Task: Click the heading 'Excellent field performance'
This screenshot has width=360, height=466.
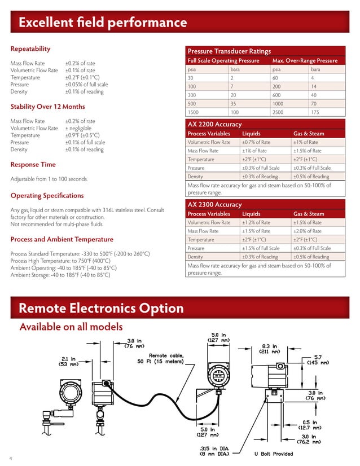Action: (x=103, y=23)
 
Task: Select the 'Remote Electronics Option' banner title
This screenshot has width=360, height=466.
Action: (x=101, y=308)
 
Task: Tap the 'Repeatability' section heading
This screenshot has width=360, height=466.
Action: (x=30, y=49)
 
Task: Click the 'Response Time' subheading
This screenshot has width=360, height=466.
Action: (x=33, y=165)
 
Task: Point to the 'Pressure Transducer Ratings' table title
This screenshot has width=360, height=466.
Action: (x=229, y=51)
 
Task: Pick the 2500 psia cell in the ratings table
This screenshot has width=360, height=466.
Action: (x=279, y=112)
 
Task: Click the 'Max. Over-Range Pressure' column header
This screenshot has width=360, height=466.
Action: (x=305, y=60)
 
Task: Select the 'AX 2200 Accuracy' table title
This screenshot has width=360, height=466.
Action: (x=214, y=124)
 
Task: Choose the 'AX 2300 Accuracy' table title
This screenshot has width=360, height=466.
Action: (x=214, y=204)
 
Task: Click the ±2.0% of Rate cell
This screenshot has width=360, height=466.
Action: (x=308, y=231)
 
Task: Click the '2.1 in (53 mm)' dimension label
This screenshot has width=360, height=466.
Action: (x=69, y=361)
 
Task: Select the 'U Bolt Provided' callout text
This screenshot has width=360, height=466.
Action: (x=274, y=453)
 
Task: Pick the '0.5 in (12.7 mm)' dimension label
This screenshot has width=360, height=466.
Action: (x=310, y=424)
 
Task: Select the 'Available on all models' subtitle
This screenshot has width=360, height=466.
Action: (x=71, y=327)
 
